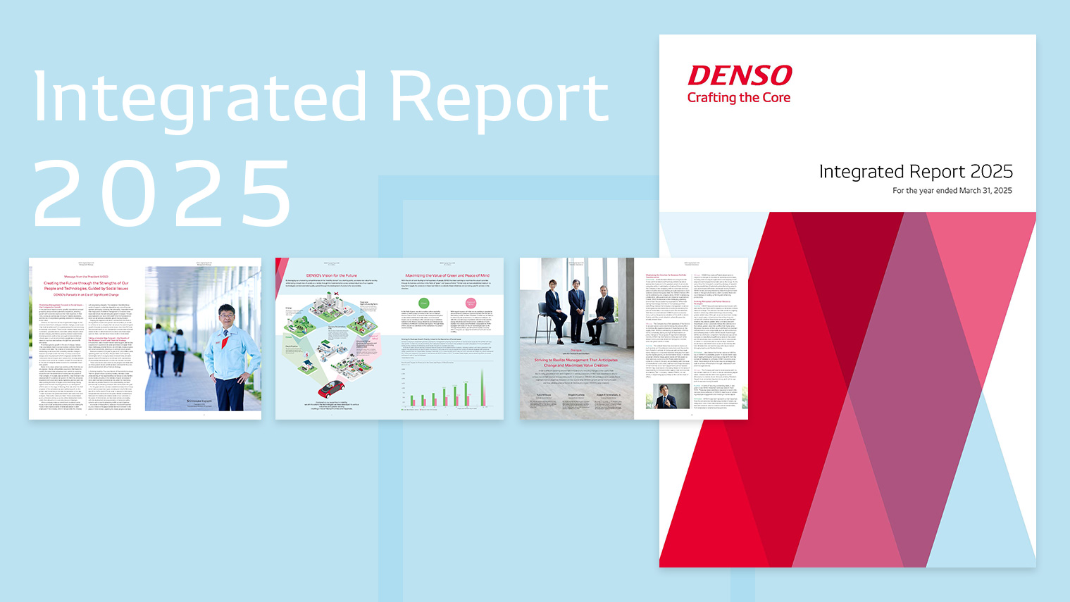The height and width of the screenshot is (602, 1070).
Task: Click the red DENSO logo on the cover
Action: (x=740, y=76)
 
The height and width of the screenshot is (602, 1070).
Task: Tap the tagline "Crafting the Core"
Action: (x=738, y=98)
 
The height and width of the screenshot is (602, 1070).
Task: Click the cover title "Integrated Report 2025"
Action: (x=915, y=171)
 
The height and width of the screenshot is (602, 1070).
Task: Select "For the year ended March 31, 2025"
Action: (x=952, y=190)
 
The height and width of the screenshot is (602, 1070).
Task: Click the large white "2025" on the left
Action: (x=162, y=194)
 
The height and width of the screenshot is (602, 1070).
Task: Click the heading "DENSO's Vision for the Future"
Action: (x=331, y=275)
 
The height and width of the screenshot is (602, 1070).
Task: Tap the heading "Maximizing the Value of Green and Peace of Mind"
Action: (x=447, y=275)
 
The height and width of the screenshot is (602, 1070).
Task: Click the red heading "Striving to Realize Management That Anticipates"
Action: (x=576, y=360)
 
